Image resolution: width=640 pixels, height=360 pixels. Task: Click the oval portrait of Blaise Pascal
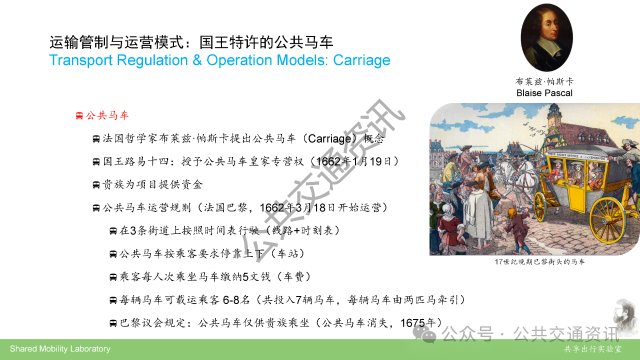point(546,37)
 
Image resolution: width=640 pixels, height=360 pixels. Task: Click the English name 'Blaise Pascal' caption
point(544,93)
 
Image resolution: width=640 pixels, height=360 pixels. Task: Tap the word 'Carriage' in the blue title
point(361,60)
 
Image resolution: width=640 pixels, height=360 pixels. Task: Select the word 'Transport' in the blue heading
point(81,60)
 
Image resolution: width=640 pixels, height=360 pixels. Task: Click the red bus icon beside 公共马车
point(79,115)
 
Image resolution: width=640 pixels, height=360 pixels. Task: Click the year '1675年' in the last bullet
point(417,323)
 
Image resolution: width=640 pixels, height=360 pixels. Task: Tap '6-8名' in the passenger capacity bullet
point(236,300)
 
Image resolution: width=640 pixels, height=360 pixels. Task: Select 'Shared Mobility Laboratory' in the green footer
point(60,349)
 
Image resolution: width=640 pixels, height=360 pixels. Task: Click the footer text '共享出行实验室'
point(592,349)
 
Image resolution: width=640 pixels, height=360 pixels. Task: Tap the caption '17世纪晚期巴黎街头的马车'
point(539,261)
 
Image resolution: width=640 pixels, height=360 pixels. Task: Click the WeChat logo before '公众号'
point(424,334)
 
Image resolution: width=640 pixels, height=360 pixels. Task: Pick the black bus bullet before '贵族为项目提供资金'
point(96,185)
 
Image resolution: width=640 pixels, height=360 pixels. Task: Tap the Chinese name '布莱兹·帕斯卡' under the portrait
point(544,81)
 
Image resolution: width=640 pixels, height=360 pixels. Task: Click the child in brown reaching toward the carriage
point(516,228)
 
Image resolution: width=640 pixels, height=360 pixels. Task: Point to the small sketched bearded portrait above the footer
point(625,317)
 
